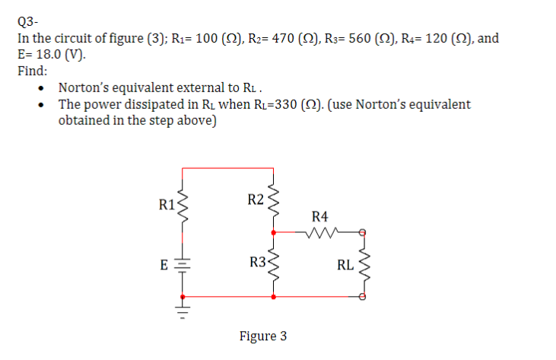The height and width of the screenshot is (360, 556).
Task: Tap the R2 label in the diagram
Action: click(x=256, y=200)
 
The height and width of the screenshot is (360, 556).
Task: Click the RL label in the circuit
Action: click(x=345, y=266)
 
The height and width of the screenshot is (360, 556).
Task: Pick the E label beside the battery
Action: click(x=163, y=266)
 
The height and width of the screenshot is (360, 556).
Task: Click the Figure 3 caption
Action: click(x=263, y=336)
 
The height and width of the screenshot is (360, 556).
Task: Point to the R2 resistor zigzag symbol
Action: click(x=272, y=202)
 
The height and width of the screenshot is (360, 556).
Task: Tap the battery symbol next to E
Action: click(x=183, y=266)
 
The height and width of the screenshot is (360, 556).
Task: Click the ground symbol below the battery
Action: click(x=183, y=310)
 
